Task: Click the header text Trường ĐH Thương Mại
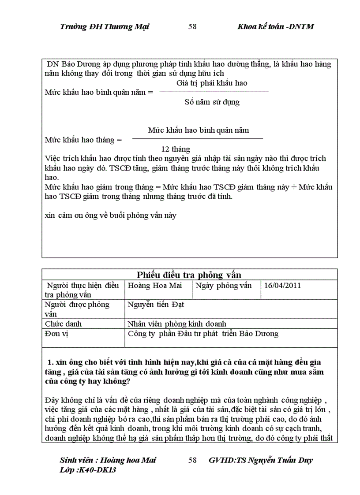104,26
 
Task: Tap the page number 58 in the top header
192,26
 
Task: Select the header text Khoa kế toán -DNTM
275,26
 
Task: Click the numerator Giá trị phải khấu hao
212,82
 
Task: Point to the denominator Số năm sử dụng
212,102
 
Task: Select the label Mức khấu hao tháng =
83,140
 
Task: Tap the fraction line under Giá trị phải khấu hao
214,91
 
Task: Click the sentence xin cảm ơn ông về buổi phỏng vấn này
111,216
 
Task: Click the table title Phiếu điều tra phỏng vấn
189,275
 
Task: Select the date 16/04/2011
282,285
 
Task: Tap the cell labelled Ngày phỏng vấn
223,285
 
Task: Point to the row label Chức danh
64,324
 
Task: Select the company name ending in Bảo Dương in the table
203,333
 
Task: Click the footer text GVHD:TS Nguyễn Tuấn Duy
260,460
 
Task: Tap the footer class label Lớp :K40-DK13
88,469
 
